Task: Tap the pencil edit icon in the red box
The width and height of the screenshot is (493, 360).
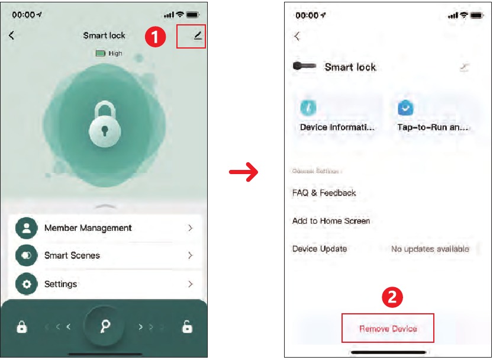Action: (198, 36)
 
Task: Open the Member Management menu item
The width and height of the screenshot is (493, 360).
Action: (88, 228)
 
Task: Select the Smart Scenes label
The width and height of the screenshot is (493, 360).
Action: (72, 256)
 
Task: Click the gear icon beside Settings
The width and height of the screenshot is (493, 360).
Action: (26, 284)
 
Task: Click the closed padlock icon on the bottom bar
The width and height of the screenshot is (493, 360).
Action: (22, 326)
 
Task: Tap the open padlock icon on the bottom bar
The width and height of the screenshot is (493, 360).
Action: (186, 326)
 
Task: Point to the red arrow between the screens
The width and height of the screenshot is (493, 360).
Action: (244, 173)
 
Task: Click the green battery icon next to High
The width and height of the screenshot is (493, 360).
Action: (101, 53)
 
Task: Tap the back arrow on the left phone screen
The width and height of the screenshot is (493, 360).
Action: (11, 36)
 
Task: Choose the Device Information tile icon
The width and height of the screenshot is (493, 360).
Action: (308, 107)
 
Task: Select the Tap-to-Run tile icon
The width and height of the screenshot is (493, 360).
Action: (405, 107)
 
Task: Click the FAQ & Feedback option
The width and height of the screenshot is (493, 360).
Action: (324, 193)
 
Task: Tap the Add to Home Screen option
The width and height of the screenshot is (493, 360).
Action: (331, 221)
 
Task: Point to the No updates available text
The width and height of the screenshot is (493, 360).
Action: (430, 249)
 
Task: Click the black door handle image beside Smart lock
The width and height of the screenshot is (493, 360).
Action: (305, 66)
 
